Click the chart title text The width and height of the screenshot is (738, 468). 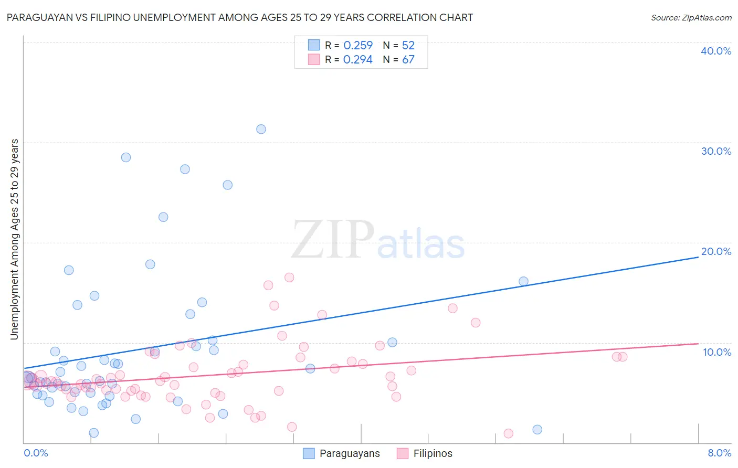[240, 18]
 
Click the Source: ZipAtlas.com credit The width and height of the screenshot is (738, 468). [691, 18]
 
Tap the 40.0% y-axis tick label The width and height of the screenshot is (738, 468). [716, 51]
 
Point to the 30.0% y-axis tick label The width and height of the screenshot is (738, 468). [716, 151]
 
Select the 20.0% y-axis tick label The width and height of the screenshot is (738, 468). [716, 251]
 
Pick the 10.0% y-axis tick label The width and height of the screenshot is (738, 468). [717, 352]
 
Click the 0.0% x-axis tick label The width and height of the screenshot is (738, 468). [36, 453]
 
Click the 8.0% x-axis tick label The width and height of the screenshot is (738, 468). [719, 453]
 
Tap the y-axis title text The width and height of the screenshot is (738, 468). [15, 239]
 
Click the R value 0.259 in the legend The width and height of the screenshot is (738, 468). [358, 46]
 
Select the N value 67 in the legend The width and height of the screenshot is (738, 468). [408, 60]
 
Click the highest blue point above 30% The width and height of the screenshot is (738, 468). [261, 129]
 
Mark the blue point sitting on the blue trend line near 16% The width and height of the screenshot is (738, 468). [523, 281]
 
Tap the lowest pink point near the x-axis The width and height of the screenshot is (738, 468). [508, 433]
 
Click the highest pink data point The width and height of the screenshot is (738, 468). [289, 278]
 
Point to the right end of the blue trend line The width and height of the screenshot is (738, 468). [698, 257]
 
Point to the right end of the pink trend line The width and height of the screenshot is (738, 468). [698, 343]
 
